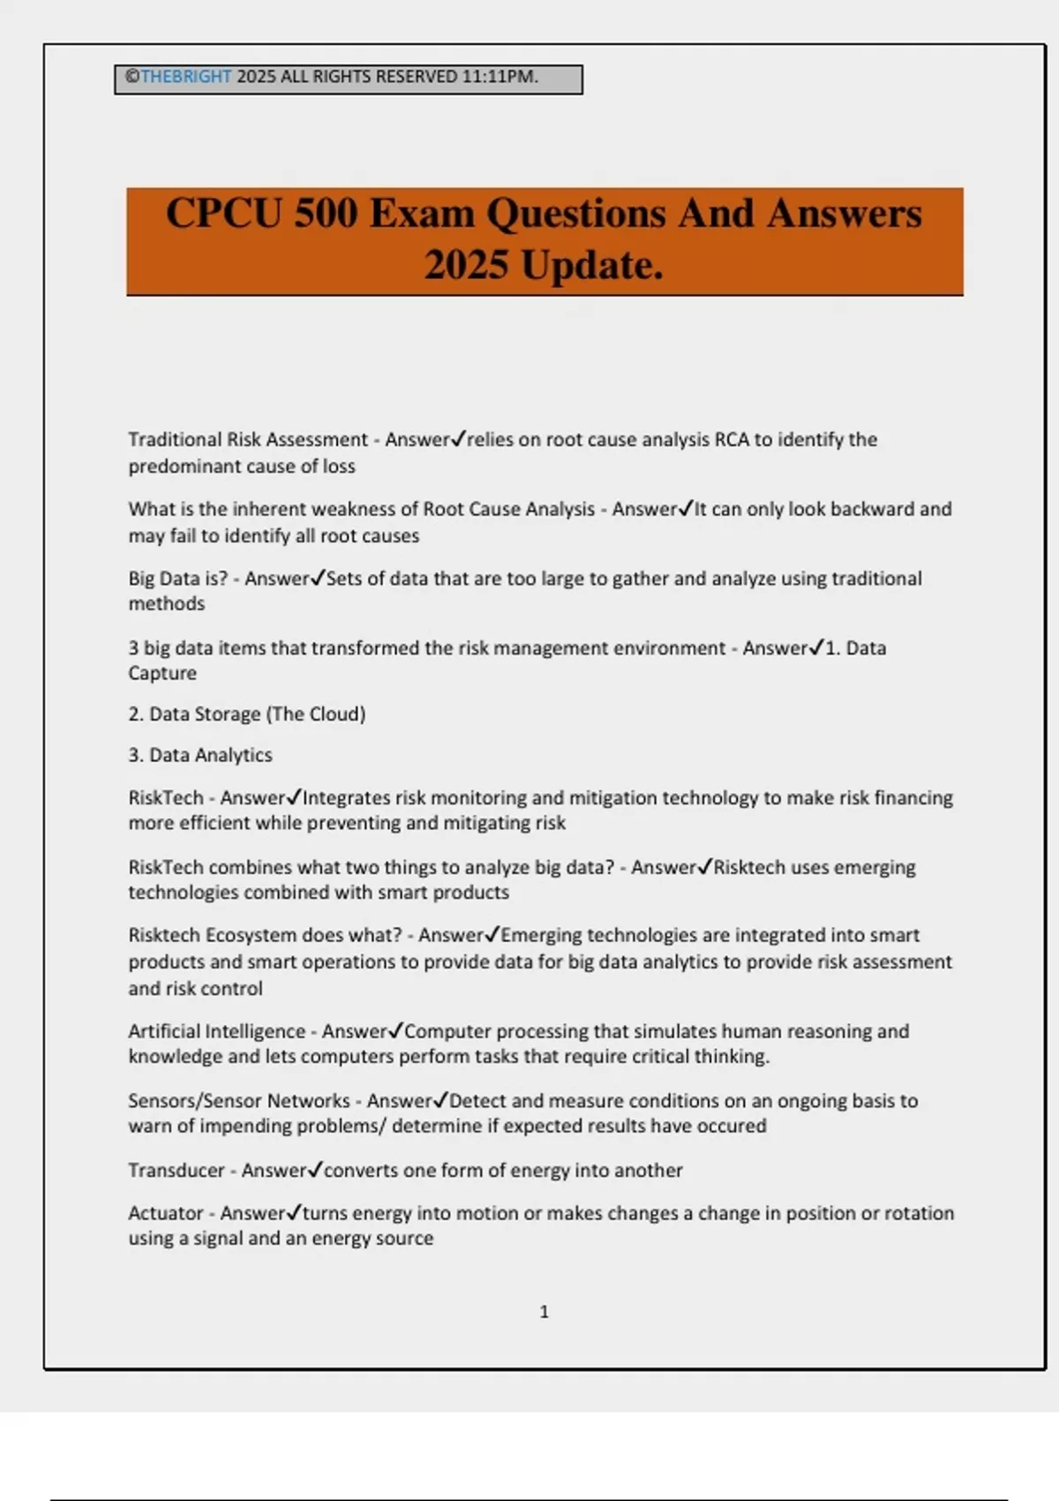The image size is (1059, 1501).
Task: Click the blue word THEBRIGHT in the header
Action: [x=185, y=77]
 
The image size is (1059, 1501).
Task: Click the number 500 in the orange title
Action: [x=326, y=214]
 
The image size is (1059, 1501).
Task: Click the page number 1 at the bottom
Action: [x=544, y=1312]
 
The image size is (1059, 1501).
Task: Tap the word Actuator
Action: [x=166, y=1213]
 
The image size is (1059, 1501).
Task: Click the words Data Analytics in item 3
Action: [x=210, y=756]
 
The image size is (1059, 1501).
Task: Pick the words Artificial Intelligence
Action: [x=216, y=1031]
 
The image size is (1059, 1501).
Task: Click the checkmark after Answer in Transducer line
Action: [x=317, y=1170]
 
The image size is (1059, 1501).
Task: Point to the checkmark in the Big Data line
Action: [x=319, y=578]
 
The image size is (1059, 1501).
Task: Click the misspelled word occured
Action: [x=735, y=1127]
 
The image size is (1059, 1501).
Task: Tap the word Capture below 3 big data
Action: [x=162, y=674]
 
